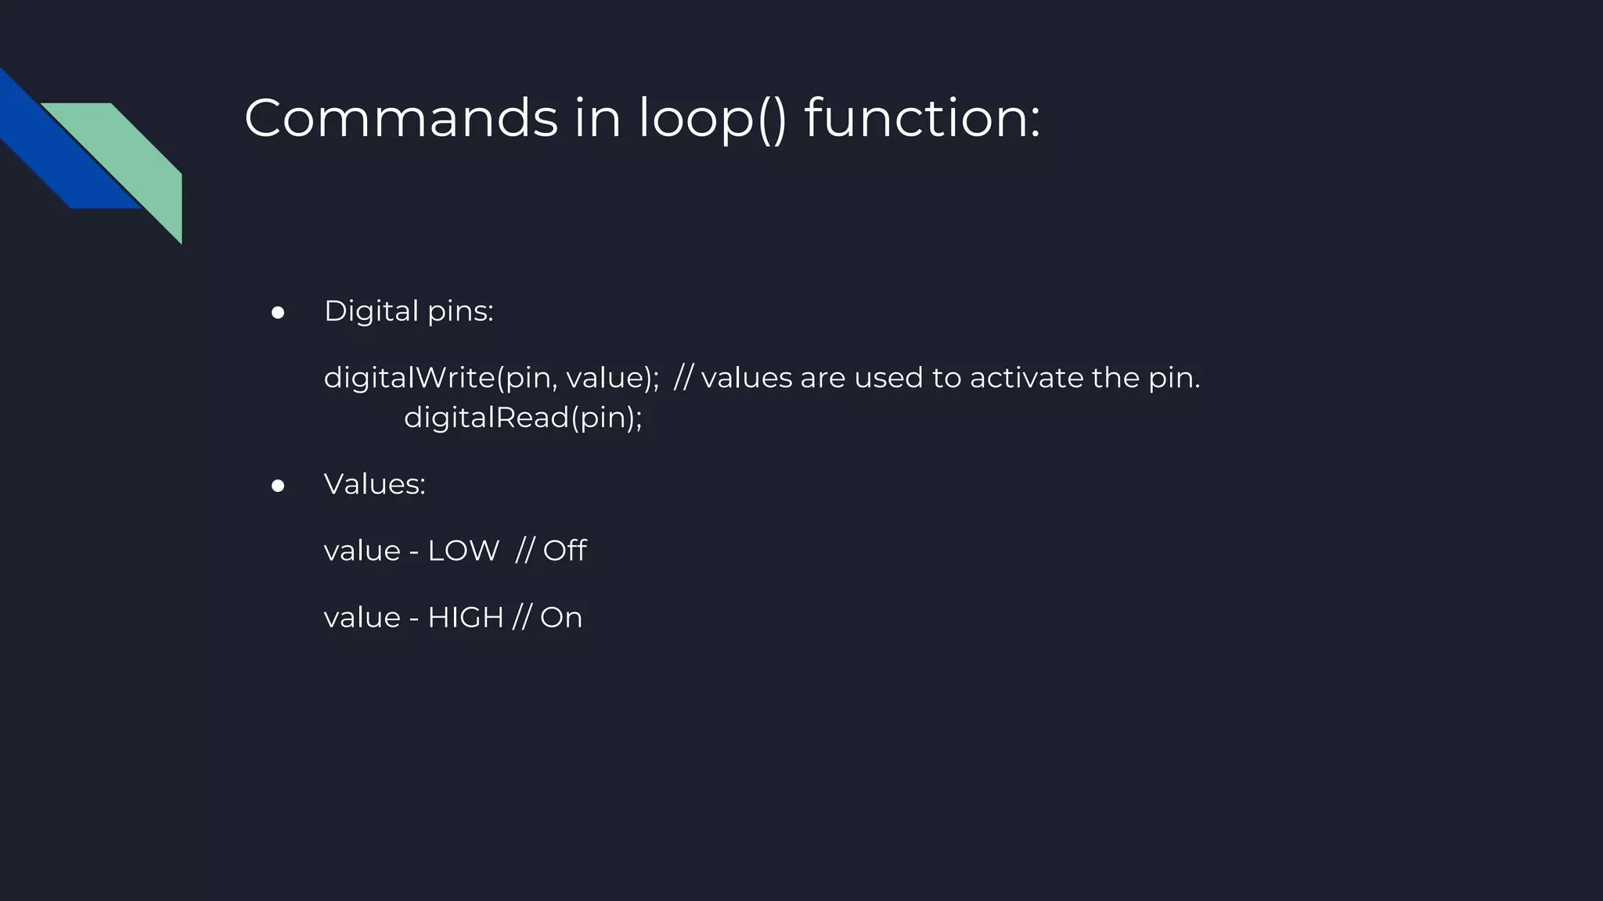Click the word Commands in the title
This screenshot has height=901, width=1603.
401,119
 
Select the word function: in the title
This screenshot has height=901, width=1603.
922,119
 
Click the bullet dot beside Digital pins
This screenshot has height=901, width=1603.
278,313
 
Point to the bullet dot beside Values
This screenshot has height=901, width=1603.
278,486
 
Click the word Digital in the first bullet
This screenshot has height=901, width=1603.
371,311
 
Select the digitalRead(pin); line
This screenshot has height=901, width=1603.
523,418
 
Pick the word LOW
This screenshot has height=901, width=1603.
463,551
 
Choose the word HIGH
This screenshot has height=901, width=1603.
466,618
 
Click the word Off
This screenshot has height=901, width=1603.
564,551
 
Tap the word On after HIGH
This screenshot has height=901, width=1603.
561,618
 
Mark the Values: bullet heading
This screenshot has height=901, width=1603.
375,484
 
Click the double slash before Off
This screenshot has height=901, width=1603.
524,551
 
